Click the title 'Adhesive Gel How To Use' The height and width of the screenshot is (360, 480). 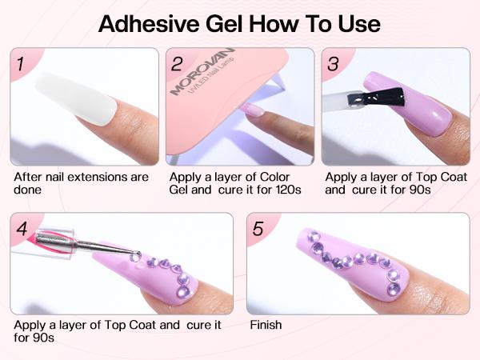pos(239,24)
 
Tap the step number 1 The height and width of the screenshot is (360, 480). pos(23,64)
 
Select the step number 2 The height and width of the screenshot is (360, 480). pos(178,64)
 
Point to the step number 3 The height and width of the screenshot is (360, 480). pos(334,64)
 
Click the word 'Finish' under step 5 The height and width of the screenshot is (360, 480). pos(266,326)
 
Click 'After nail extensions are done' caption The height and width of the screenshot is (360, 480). pos(80,183)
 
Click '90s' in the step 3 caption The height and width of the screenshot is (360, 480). pos(421,190)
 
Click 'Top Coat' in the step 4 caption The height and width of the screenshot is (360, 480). pos(134,326)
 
